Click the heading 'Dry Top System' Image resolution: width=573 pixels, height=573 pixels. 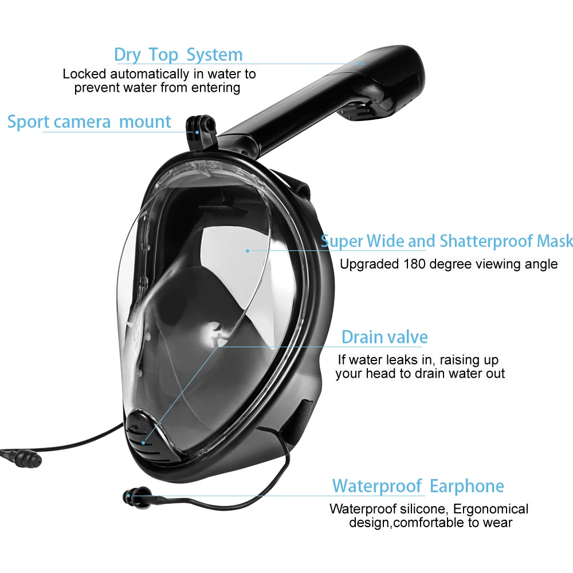pos(178,55)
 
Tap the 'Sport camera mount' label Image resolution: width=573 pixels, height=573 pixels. pos(89,122)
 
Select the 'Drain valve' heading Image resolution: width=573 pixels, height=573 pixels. pos(384,337)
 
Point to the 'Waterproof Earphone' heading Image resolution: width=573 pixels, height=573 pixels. pos(418,486)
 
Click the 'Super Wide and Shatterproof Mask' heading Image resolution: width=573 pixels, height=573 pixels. pos(446,241)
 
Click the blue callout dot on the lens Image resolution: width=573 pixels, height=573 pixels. pos(248,251)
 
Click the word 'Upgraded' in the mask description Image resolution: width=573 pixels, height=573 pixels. pos(369,265)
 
